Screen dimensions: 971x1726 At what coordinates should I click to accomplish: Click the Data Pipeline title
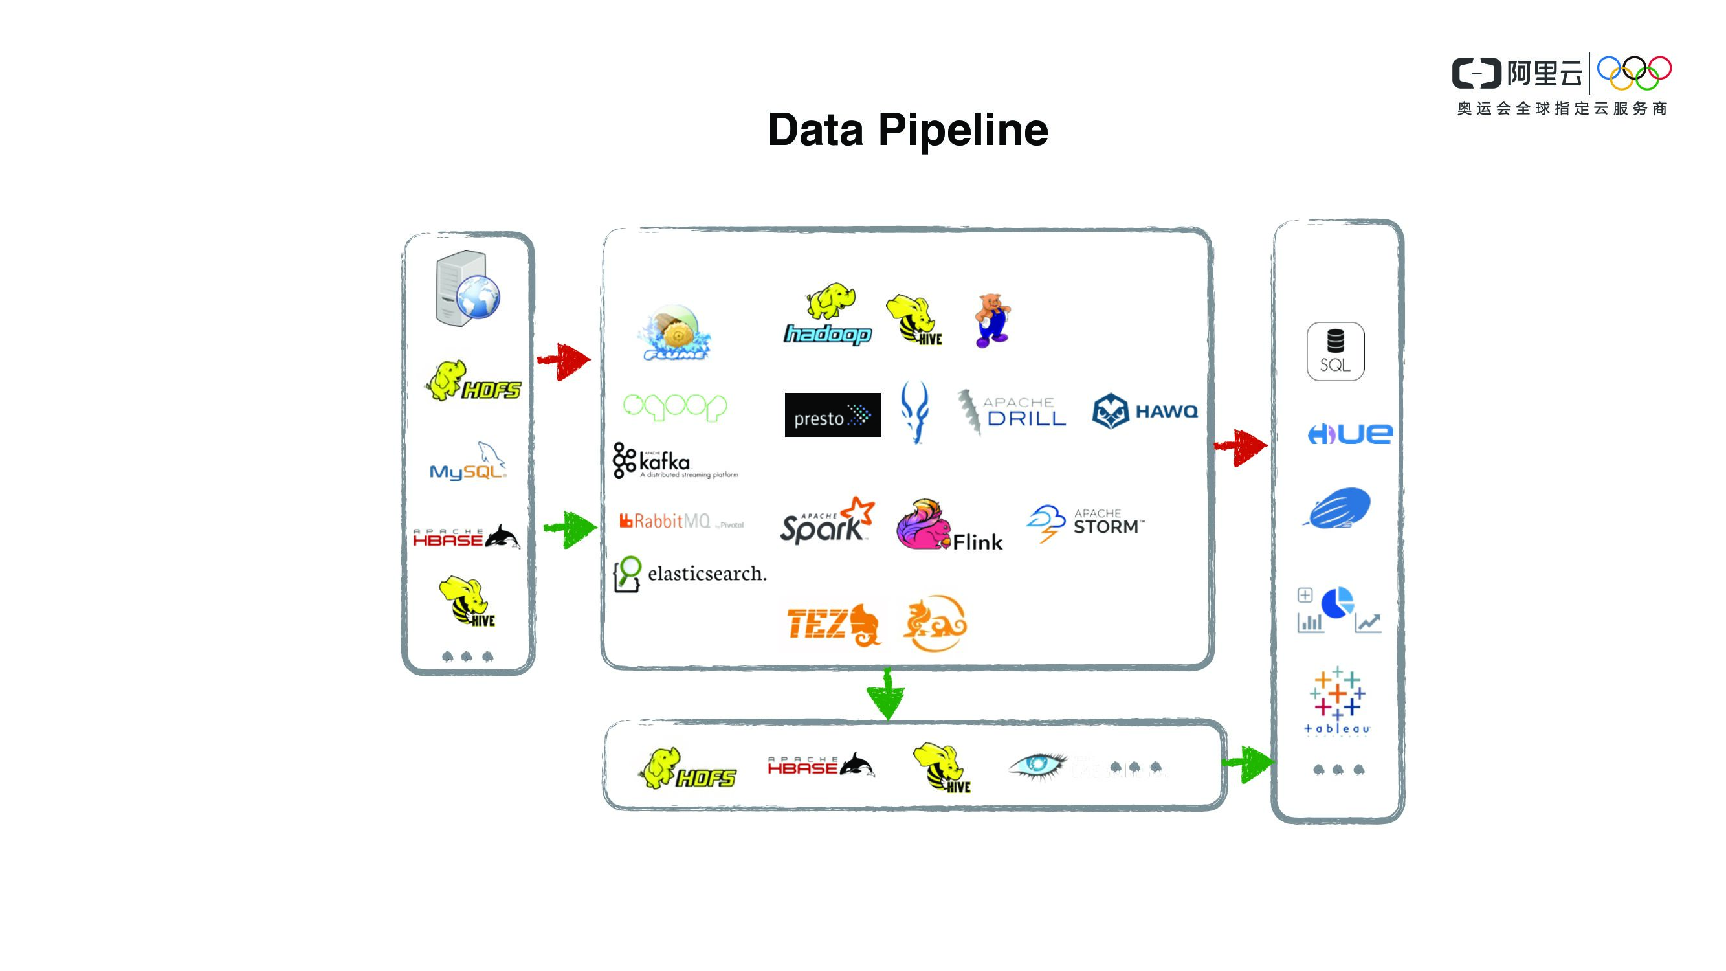(907, 130)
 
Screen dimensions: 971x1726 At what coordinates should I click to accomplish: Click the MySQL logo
(469, 462)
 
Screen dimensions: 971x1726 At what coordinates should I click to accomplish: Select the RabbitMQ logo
(680, 520)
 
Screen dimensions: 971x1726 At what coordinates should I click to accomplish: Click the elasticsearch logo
(690, 574)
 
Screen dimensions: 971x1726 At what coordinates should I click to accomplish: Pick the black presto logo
(832, 415)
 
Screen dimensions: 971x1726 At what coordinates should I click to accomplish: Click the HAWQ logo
(1144, 411)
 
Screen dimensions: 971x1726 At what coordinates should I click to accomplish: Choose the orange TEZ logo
(833, 624)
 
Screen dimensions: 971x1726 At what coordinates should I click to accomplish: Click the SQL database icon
(1334, 351)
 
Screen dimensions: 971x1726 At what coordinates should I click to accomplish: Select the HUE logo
(1349, 434)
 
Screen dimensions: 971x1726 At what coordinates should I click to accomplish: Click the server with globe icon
(468, 289)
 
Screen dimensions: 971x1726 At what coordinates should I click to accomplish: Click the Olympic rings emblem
(1633, 73)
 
